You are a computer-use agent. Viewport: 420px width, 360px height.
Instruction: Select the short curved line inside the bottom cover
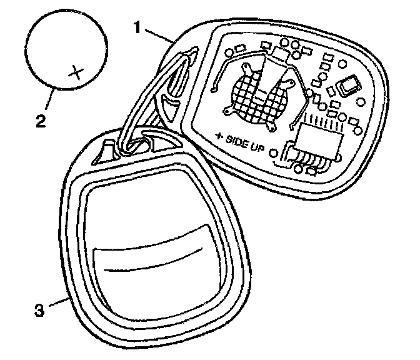point(156,262)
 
